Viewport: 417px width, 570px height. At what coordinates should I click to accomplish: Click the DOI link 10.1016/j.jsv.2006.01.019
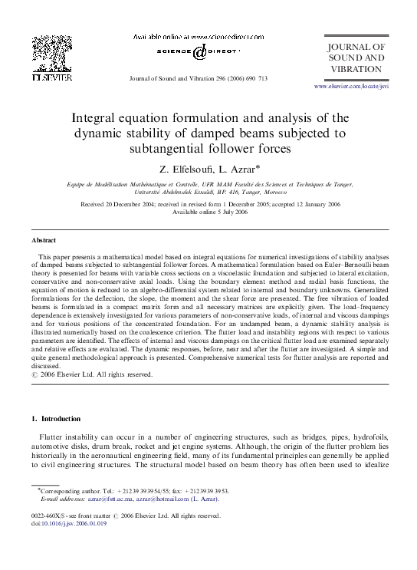(x=71, y=526)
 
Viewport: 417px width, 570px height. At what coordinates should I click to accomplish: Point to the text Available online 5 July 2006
(x=208, y=213)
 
